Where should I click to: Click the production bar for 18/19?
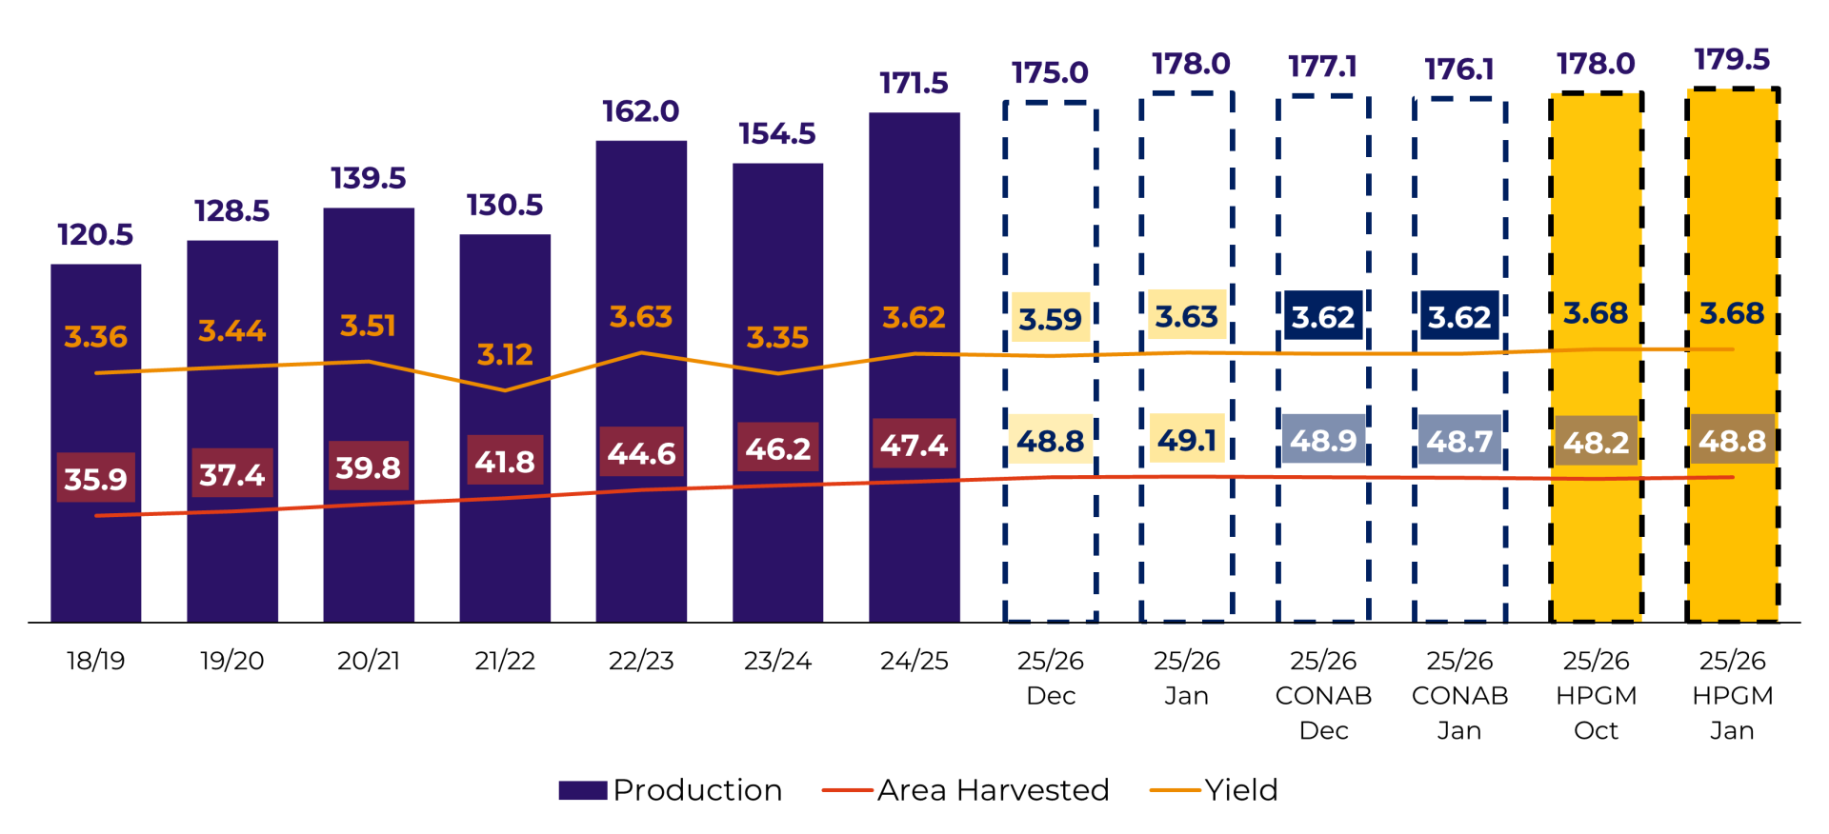pos(95,571)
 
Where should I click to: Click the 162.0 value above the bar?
pos(640,111)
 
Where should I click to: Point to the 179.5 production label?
pos(1732,60)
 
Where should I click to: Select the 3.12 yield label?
pos(504,355)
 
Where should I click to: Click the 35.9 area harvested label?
pos(95,478)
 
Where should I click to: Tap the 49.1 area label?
pos(1187,440)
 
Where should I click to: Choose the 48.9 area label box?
pos(1323,440)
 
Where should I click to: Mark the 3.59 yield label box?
pos(1050,318)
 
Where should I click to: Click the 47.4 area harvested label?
pos(914,445)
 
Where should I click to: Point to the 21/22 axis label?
pos(504,661)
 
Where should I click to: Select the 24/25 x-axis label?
pos(914,661)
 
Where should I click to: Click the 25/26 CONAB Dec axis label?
pos(1323,695)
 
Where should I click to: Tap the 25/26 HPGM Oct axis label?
pos(1596,695)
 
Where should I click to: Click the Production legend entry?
pos(671,790)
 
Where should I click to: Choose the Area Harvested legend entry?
pos(966,790)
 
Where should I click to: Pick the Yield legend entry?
pos(1215,790)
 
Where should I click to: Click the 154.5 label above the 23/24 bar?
pos(777,134)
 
